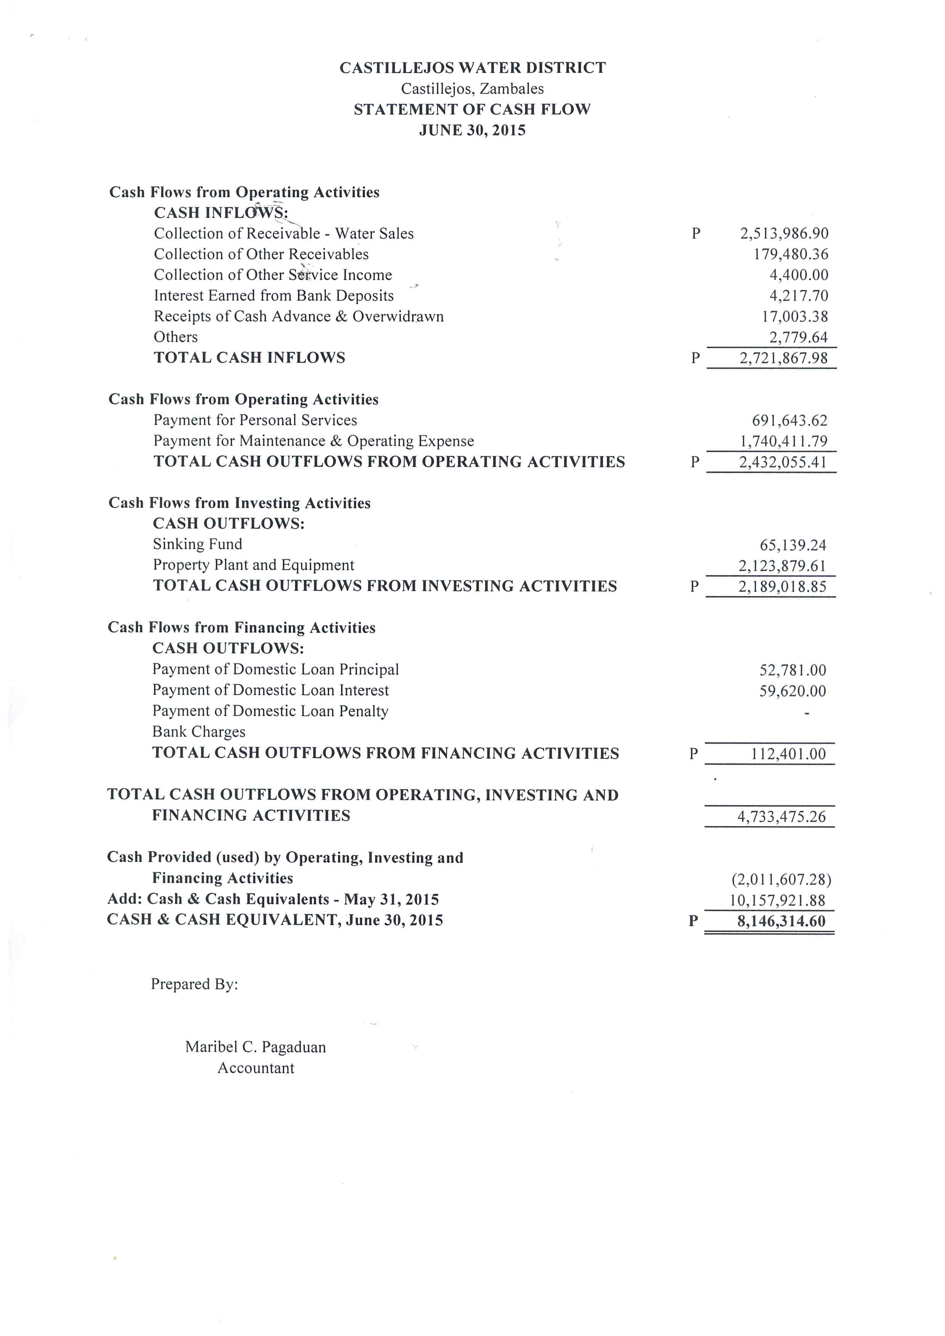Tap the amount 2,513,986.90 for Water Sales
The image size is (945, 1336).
point(784,234)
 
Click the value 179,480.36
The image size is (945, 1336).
point(790,254)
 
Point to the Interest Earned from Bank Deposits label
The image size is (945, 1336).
point(274,296)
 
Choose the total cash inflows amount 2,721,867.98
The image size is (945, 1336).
point(783,358)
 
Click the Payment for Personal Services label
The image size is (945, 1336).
point(255,420)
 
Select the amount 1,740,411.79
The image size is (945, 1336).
point(783,441)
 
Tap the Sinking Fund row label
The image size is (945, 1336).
point(197,544)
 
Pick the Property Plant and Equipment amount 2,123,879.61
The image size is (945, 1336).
point(782,566)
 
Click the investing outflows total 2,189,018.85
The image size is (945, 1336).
point(782,587)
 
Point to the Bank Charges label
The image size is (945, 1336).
point(199,731)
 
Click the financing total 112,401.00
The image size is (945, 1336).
point(788,754)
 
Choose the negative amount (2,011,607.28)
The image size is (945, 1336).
point(781,879)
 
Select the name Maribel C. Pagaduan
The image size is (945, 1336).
point(255,1047)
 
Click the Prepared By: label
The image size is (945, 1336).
point(194,984)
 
